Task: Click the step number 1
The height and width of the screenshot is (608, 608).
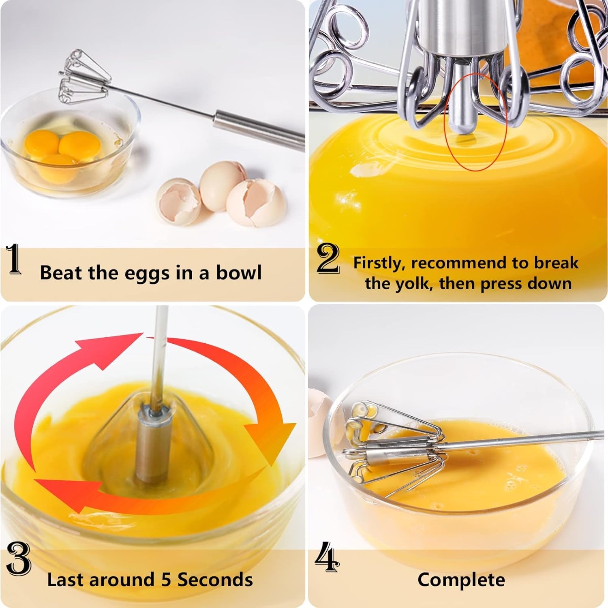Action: [15, 259]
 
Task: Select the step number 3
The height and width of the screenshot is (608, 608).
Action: [19, 559]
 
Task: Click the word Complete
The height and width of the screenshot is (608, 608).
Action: [461, 580]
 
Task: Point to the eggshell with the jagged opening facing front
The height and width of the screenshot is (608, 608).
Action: [179, 201]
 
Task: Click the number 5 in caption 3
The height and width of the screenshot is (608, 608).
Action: [166, 580]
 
